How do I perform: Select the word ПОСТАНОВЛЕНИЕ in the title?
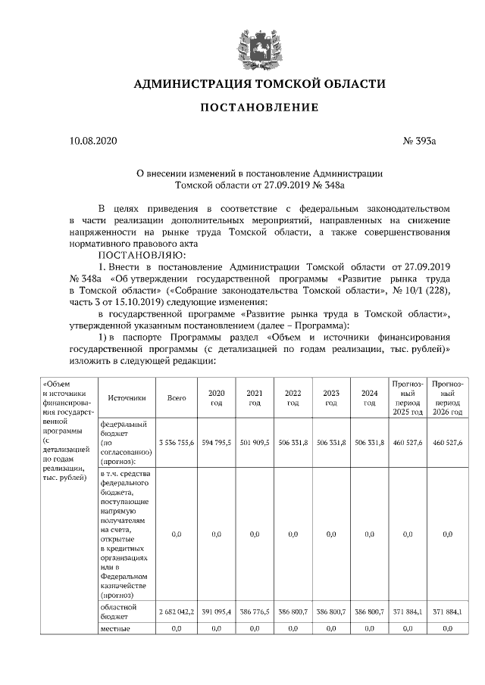tap(258, 107)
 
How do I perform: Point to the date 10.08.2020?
tap(93, 141)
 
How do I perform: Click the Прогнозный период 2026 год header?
tap(447, 397)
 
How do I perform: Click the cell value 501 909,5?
tap(254, 441)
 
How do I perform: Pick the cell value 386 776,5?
tap(254, 611)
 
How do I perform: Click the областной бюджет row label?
tap(118, 612)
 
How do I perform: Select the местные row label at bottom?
tap(116, 629)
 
